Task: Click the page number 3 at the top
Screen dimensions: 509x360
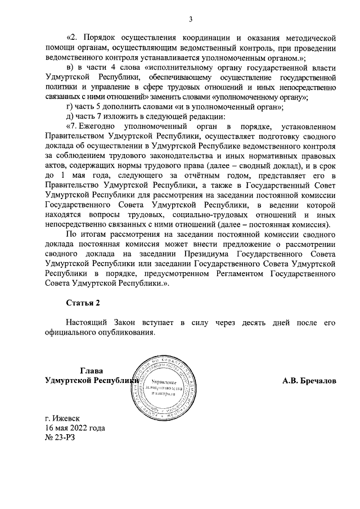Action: click(x=190, y=20)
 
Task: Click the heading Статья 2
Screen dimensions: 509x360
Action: click(x=83, y=303)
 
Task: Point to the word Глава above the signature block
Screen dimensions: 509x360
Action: click(x=92, y=371)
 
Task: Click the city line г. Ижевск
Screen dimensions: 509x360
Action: click(x=62, y=418)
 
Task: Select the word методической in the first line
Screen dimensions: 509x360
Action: click(x=305, y=39)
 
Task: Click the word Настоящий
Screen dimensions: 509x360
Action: click(x=86, y=323)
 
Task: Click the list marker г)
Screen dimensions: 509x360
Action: click(x=70, y=106)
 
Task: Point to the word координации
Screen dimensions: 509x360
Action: click(x=210, y=39)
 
